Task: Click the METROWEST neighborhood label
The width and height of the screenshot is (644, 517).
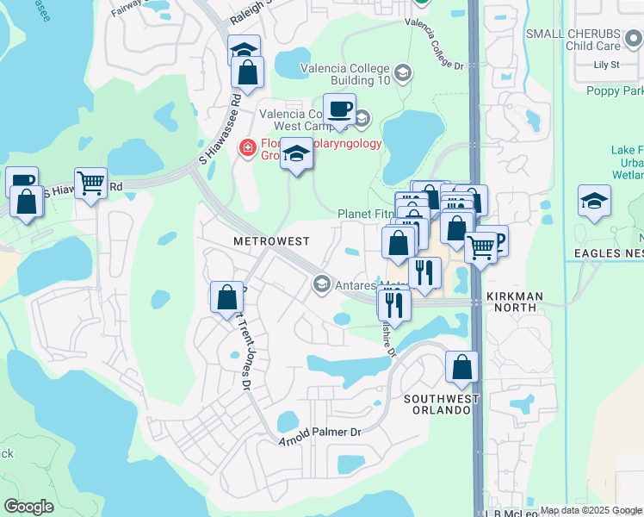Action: (271, 242)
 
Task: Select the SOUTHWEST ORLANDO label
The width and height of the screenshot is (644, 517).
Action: (437, 404)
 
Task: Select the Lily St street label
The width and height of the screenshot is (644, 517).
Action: (607, 65)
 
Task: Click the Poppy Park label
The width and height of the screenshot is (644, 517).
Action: (614, 90)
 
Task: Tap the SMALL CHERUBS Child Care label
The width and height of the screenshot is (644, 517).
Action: (585, 39)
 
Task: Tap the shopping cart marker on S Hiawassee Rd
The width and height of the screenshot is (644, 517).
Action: (90, 183)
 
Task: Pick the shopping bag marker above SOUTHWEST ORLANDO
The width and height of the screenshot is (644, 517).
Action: (462, 366)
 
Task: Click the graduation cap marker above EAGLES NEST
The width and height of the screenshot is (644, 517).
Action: (594, 201)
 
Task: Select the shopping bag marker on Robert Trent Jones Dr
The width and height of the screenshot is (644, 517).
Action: (226, 296)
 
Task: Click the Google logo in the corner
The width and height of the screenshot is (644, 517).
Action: (28, 507)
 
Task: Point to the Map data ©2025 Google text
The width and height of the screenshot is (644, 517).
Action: (591, 510)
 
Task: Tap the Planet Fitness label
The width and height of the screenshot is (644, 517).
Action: (366, 214)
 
